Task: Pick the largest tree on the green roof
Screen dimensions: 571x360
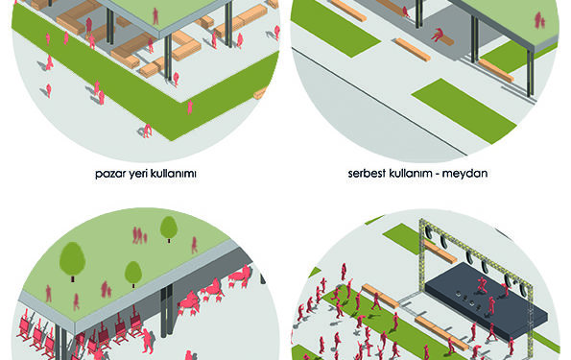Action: pos(73,260)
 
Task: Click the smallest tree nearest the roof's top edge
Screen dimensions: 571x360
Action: pos(169,228)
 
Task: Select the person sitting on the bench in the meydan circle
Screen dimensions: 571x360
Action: pos(438,35)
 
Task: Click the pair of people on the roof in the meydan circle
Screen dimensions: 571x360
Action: pos(539,20)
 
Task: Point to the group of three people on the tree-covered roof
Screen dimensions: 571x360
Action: pos(139,235)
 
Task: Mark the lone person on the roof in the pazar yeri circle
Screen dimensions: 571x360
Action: pos(155,16)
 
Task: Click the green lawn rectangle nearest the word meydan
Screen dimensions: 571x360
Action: pos(464,109)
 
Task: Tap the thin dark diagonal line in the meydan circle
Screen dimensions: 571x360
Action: pos(379,102)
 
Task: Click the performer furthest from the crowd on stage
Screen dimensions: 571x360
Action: pos(482,285)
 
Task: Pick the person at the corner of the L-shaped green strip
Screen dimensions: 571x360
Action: pos(147,131)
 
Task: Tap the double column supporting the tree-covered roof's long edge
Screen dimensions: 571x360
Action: pos(167,311)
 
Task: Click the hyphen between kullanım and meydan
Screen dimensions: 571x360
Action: pos(437,174)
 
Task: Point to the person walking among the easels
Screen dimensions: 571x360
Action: pos(148,341)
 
